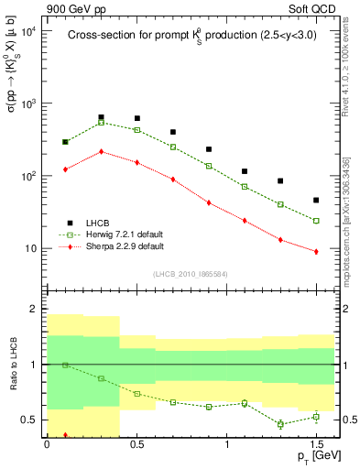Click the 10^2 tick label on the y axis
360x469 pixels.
tap(27, 176)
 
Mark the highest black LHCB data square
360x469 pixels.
tap(101, 117)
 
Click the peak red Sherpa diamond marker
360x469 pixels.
tap(101, 151)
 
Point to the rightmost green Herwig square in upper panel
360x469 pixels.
tap(316, 221)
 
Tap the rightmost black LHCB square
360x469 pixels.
tap(316, 200)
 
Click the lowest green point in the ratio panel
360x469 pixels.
tap(280, 424)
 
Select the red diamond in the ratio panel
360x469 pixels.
tap(65, 435)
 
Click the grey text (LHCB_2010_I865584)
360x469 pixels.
tap(190, 274)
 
